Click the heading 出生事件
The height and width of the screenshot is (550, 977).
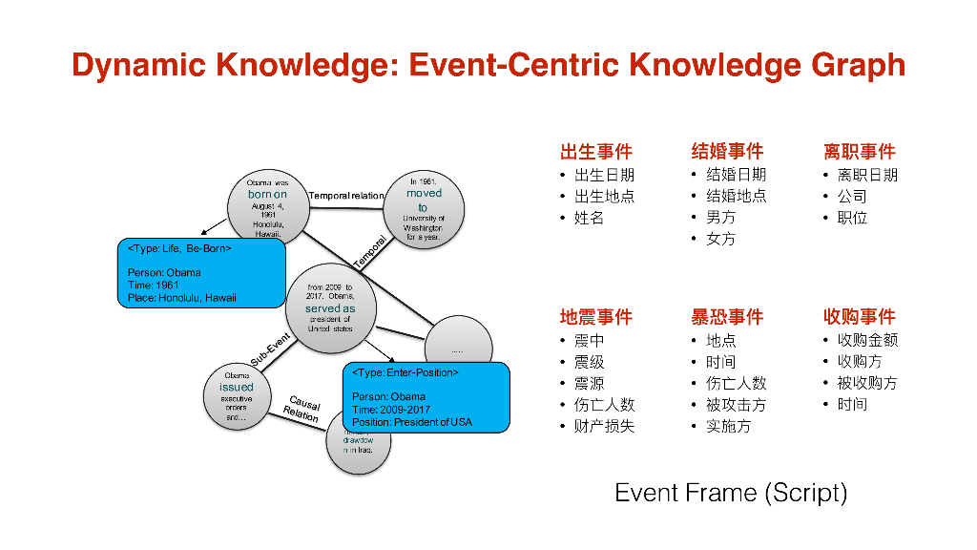point(595,152)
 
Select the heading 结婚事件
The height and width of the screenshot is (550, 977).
point(727,152)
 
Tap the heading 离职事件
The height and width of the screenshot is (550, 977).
point(859,152)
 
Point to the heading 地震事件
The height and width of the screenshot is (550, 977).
point(595,317)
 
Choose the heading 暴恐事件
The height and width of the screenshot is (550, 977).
point(727,317)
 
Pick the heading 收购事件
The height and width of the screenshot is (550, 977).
point(859,317)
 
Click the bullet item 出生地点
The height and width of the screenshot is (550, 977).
point(604,197)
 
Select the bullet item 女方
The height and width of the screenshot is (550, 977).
point(720,240)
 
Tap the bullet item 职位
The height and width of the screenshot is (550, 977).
point(852,218)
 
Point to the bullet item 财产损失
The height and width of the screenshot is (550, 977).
point(604,427)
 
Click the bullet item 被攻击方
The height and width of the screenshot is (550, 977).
point(736,405)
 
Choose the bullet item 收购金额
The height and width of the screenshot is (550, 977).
point(867,340)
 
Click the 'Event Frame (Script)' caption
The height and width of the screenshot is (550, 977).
point(731,494)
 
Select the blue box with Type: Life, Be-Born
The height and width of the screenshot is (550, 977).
point(199,272)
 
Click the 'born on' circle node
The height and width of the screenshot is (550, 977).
point(266,203)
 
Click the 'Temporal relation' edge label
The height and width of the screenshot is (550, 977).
point(346,196)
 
